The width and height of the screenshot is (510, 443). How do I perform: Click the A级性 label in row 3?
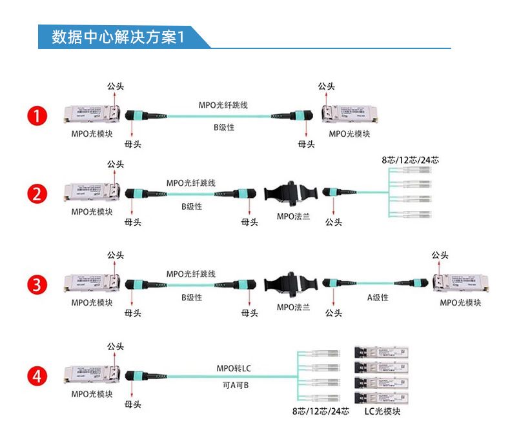(x=378, y=297)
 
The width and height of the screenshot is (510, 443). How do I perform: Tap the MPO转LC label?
(x=233, y=368)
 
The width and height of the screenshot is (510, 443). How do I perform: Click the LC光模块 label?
(x=382, y=411)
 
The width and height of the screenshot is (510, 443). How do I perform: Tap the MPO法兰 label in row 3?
(x=294, y=307)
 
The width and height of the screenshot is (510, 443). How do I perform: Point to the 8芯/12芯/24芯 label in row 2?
(x=410, y=160)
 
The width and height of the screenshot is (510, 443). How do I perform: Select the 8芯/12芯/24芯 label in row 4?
(x=320, y=411)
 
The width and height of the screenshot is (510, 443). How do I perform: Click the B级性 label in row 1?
(x=224, y=128)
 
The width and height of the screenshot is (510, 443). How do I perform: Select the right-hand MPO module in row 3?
(x=460, y=284)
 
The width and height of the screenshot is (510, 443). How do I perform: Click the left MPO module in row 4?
(x=92, y=376)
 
